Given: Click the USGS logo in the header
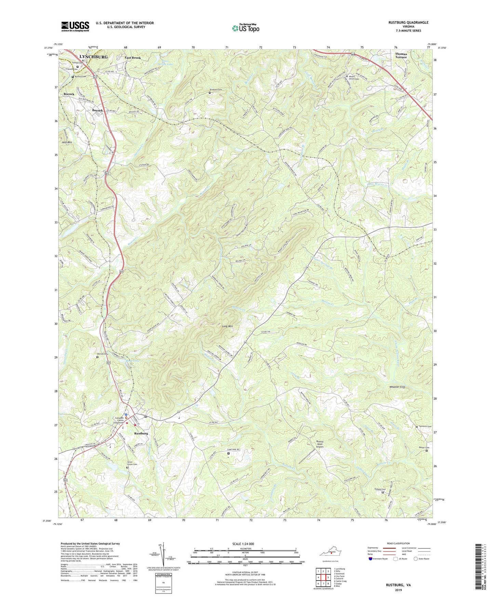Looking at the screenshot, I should (x=75, y=26).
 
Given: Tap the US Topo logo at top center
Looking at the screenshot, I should (x=245, y=28).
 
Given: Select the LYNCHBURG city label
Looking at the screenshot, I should (x=93, y=57).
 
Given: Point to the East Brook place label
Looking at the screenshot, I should (x=133, y=58).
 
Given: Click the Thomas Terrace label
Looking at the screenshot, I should (x=401, y=55).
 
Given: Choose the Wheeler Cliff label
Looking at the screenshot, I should (x=397, y=387).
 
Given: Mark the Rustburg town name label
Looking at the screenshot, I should (x=141, y=433).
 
